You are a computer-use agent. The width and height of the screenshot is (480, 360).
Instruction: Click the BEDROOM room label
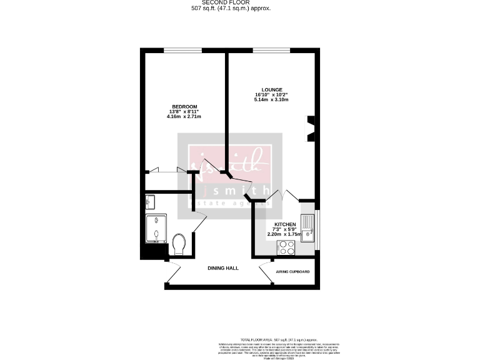click(x=184, y=106)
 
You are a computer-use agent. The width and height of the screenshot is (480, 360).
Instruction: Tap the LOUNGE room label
click(x=271, y=89)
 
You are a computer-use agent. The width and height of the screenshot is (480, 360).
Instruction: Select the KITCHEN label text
click(x=284, y=224)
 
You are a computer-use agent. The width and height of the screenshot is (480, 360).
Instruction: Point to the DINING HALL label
click(x=223, y=267)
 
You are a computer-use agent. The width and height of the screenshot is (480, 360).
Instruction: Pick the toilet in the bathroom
click(x=178, y=244)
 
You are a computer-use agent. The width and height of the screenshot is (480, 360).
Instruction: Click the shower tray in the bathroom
click(x=156, y=231)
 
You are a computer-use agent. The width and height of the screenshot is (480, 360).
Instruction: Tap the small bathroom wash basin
click(x=149, y=201)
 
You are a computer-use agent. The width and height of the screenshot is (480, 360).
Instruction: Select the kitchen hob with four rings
click(x=286, y=247)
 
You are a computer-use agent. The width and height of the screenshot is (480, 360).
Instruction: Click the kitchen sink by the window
click(x=307, y=228)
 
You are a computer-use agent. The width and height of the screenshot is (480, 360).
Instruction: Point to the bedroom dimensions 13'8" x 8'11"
click(x=184, y=111)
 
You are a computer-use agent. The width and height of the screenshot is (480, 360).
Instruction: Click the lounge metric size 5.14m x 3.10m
click(x=271, y=100)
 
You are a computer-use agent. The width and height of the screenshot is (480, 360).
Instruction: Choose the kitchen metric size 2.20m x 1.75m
click(x=284, y=234)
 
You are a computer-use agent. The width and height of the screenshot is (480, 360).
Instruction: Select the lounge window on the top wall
click(x=271, y=50)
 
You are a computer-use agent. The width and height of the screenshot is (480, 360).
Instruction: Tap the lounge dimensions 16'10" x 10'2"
click(x=271, y=94)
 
